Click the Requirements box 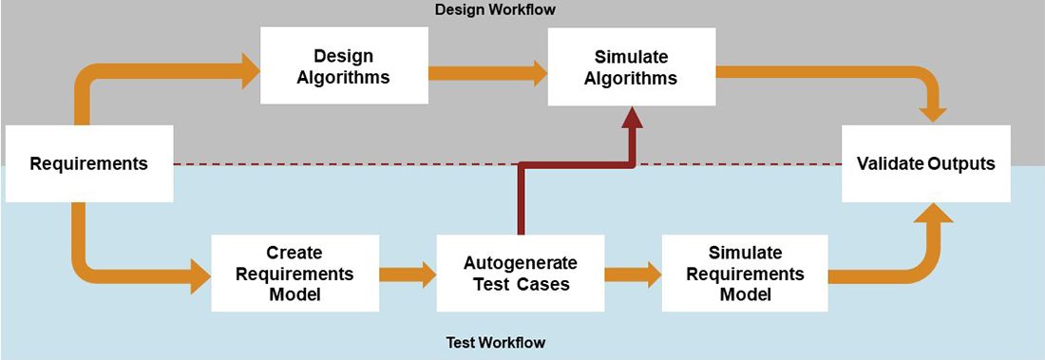click(89, 163)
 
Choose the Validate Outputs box click(925, 163)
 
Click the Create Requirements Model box click(294, 274)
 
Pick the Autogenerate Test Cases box click(520, 274)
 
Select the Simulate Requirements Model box click(745, 274)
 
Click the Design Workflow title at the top click(494, 9)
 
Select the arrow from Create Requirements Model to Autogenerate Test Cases click(407, 275)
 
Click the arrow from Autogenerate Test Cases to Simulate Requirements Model click(632, 275)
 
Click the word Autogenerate click(520, 263)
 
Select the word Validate click(888, 163)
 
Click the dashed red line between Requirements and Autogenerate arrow click(342, 163)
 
